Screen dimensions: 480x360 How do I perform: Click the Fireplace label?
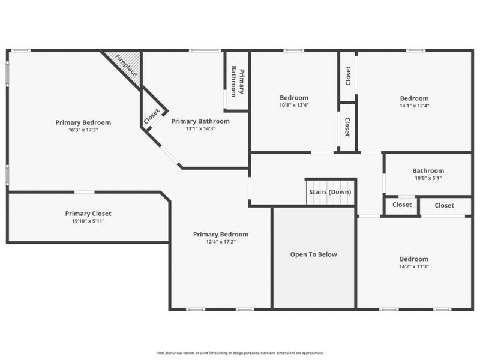(126, 65)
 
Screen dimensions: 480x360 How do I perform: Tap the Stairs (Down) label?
(330, 192)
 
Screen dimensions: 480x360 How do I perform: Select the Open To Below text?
(313, 254)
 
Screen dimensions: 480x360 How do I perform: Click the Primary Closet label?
(88, 214)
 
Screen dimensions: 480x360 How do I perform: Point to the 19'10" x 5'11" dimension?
(88, 221)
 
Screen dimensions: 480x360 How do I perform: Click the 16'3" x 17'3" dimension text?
(83, 130)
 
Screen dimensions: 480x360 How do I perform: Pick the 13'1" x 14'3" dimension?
(200, 128)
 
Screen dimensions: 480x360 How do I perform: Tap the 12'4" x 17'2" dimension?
(221, 242)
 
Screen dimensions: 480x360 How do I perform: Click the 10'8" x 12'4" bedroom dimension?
(294, 105)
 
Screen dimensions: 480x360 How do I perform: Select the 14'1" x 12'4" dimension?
(415, 106)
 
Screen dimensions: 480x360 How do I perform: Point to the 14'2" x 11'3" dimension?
(414, 266)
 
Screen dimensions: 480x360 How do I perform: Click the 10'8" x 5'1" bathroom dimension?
(428, 178)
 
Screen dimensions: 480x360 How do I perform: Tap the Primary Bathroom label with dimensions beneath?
(200, 121)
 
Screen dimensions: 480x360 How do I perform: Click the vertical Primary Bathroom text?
(238, 82)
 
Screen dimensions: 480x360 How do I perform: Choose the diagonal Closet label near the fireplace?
(152, 116)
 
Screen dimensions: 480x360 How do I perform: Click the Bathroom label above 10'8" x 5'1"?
(428, 171)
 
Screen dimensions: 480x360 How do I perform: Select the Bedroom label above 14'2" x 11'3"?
(414, 259)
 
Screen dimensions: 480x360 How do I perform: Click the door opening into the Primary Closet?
(85, 192)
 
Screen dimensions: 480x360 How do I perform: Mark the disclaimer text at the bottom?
(240, 353)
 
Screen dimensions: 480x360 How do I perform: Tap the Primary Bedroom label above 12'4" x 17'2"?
(221, 235)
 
